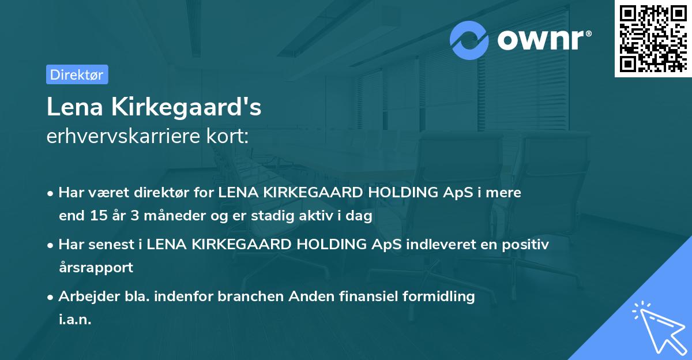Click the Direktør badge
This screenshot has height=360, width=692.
coord(77,74)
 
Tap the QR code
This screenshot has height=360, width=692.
coord(652,38)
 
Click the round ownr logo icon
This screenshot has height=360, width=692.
coord(469,40)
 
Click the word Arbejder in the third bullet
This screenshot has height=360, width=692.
coord(85,297)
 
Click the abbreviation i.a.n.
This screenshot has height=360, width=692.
coord(75,320)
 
